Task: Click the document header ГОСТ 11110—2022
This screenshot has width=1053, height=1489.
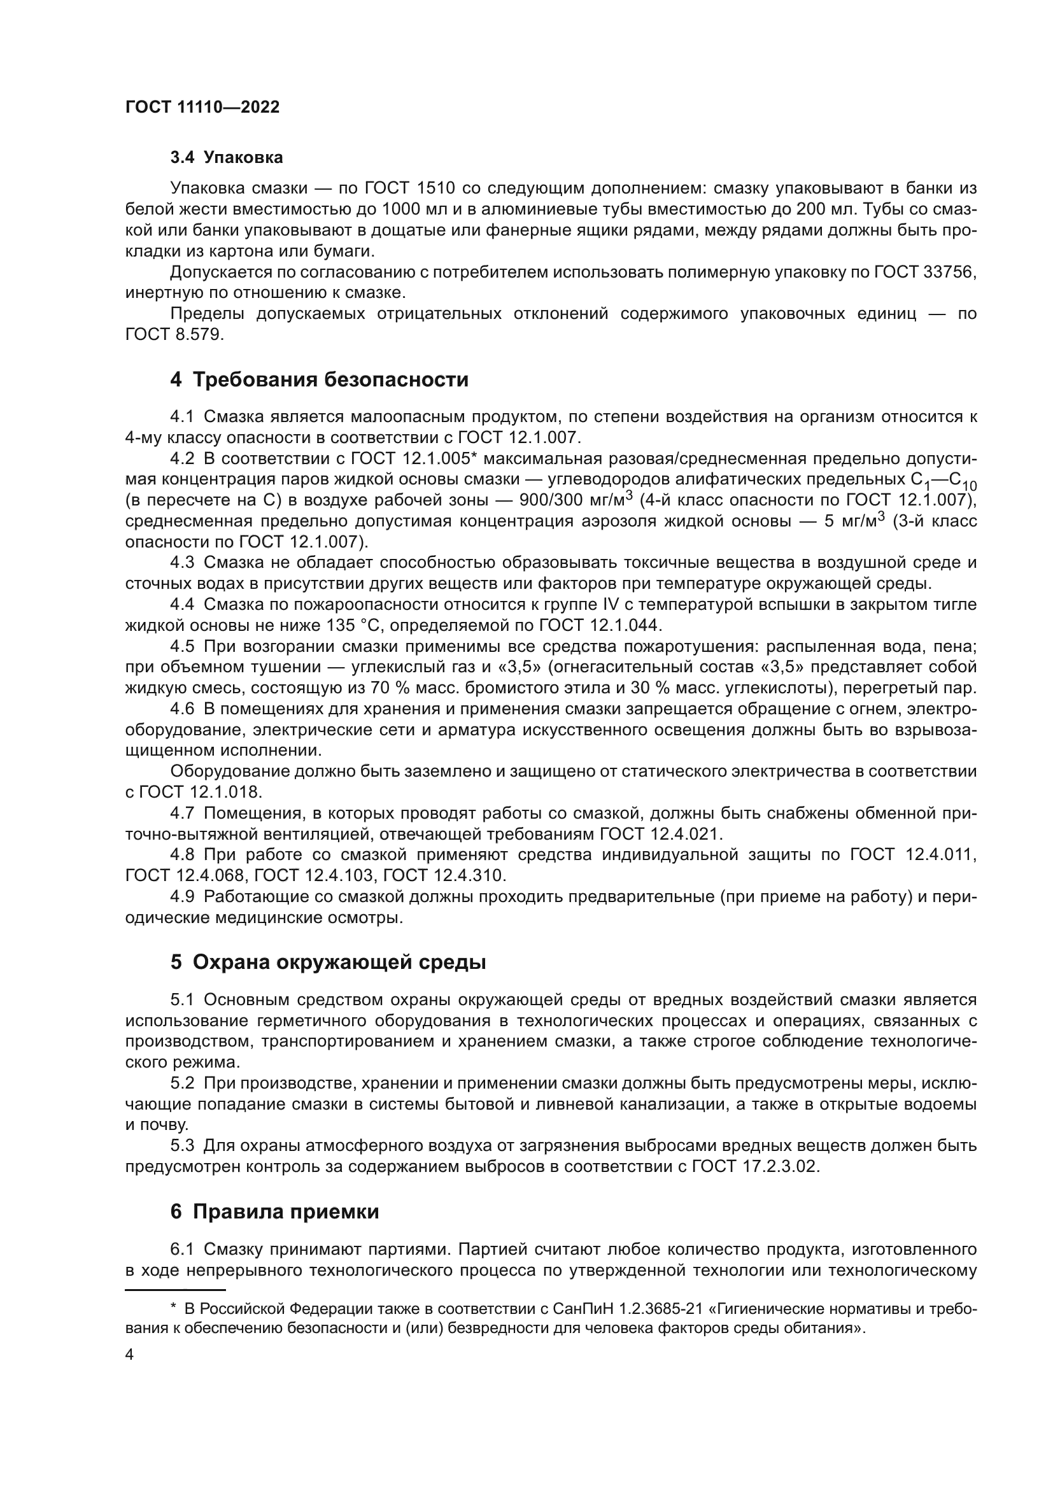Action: click(202, 108)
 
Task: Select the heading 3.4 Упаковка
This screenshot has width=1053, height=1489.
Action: click(226, 158)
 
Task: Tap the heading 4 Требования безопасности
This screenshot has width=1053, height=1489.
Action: click(319, 379)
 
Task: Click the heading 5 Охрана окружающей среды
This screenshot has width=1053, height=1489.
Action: click(328, 963)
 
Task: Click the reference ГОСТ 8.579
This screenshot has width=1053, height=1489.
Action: click(174, 335)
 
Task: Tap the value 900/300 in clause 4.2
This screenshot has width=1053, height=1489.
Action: click(555, 500)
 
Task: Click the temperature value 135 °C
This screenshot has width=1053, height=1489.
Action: click(353, 626)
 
